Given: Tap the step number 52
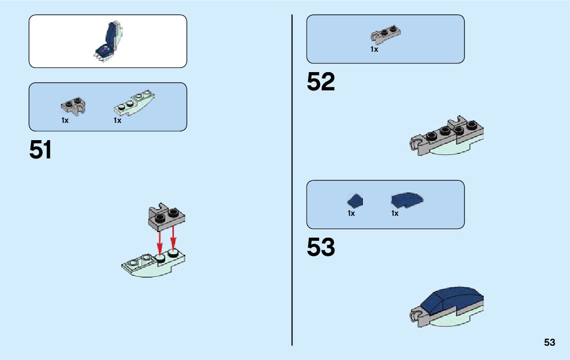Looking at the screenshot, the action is click(x=321, y=82).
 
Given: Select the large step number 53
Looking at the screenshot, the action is click(x=321, y=247).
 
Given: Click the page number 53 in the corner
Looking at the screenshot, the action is click(x=550, y=342).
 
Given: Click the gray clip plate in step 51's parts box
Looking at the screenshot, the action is click(x=73, y=105).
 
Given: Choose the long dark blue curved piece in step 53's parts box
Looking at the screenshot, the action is click(x=407, y=200).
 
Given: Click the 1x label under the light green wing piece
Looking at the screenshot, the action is click(x=117, y=121).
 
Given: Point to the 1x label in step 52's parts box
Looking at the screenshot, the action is click(x=374, y=50).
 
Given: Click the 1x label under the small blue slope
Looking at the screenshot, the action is click(x=351, y=214).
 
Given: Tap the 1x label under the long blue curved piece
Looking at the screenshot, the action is click(x=395, y=214).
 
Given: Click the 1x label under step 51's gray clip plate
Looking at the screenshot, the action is click(x=65, y=121).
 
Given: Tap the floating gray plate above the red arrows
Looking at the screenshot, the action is click(x=166, y=215).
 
